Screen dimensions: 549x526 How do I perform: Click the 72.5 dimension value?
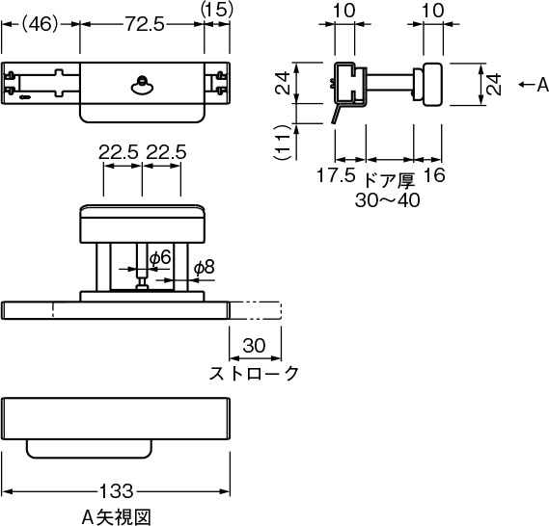(145, 24)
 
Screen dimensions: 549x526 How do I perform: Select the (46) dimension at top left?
(40, 24)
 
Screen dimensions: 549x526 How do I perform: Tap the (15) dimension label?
(217, 10)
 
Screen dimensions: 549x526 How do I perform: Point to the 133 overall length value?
(117, 491)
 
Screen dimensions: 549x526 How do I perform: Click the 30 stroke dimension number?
(254, 346)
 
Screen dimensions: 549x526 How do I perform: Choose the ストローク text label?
(254, 373)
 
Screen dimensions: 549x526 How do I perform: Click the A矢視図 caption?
(116, 517)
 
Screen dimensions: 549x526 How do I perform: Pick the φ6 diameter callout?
(160, 258)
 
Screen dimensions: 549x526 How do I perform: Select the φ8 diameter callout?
(205, 268)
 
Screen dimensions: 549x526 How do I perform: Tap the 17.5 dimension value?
(336, 174)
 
